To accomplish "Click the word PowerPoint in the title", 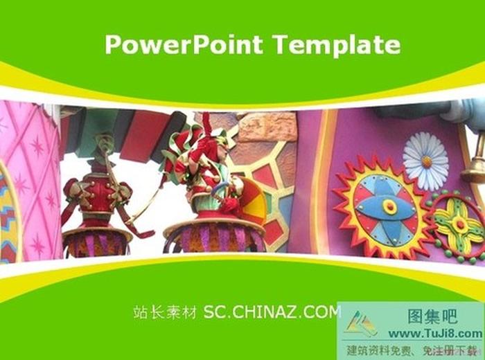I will [x=184, y=44].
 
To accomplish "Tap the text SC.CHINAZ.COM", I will [x=272, y=312].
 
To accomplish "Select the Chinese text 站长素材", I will [x=165, y=312].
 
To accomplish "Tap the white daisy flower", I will [x=425, y=161].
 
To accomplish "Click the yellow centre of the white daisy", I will [x=425, y=161].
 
